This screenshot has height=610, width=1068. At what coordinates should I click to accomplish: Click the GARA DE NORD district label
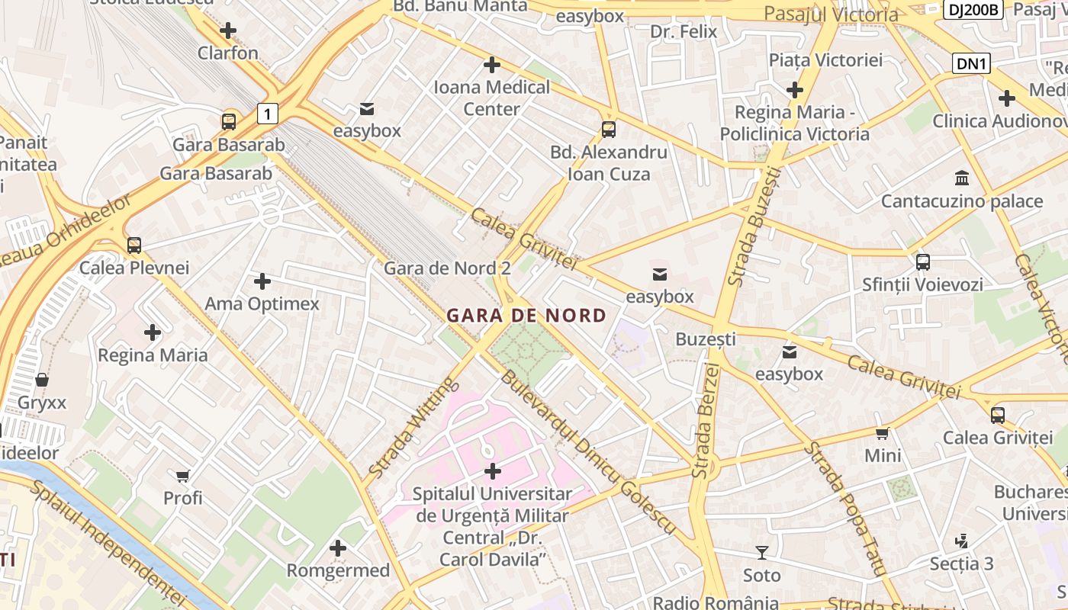526,315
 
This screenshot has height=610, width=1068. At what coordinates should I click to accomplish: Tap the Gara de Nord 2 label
447,268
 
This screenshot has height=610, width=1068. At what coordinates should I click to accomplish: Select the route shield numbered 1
267,114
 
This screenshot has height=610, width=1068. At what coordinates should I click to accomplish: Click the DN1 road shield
971,64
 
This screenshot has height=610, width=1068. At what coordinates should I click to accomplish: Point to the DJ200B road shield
973,10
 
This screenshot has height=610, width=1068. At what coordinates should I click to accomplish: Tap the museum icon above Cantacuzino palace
962,178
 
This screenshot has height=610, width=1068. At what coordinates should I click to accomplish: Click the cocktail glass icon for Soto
761,553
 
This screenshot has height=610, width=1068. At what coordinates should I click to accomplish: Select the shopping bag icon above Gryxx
42,380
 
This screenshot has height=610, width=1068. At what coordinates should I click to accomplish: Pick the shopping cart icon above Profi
183,476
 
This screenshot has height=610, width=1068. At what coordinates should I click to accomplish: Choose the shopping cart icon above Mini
883,433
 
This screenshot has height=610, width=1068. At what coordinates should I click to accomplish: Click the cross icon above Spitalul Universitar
493,471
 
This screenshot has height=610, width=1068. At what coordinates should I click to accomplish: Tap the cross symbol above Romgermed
338,547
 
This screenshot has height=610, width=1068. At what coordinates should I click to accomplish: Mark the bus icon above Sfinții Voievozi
923,262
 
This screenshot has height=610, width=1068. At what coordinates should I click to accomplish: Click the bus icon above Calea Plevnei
134,246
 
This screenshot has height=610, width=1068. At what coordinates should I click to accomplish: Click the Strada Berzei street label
706,421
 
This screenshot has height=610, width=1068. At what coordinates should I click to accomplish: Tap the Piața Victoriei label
825,59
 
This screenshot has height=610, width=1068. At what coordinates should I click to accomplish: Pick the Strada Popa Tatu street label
844,508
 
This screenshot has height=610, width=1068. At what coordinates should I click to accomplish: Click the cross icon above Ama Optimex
262,281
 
